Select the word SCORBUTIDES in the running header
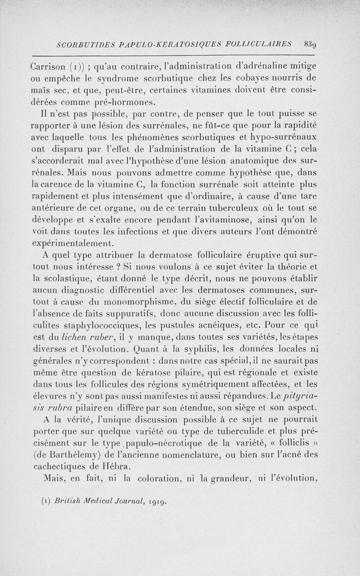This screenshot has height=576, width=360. [x=84, y=45]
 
